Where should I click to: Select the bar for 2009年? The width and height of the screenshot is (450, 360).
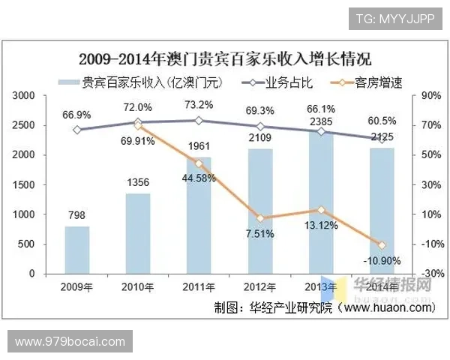tap(77, 250)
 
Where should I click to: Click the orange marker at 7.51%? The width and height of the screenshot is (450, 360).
tap(260, 218)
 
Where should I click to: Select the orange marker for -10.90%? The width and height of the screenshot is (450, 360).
tap(382, 245)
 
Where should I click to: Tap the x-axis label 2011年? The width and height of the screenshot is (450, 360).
tap(199, 286)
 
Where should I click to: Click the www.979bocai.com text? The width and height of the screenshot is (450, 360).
tap(70, 341)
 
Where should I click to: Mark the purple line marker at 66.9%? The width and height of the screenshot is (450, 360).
tap(77, 130)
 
